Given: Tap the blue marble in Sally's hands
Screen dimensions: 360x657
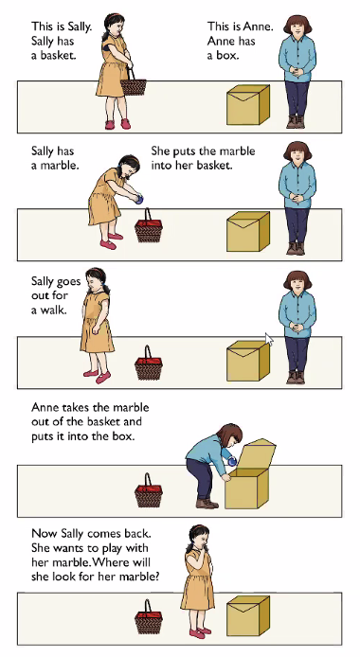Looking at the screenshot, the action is (139, 199).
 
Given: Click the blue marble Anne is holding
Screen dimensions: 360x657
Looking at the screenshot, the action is (232, 461).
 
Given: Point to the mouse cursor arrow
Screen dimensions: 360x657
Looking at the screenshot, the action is (269, 340).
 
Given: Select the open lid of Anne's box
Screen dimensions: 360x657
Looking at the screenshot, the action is (259, 454).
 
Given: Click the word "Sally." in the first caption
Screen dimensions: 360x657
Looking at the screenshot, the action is (78, 27).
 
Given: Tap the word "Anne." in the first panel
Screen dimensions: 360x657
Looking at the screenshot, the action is (259, 27).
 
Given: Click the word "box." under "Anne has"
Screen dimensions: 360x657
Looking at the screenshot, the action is (227, 55).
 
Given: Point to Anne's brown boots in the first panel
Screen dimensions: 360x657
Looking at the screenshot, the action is (296, 121).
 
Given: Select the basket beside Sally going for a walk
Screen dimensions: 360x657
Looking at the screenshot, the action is (149, 363).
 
